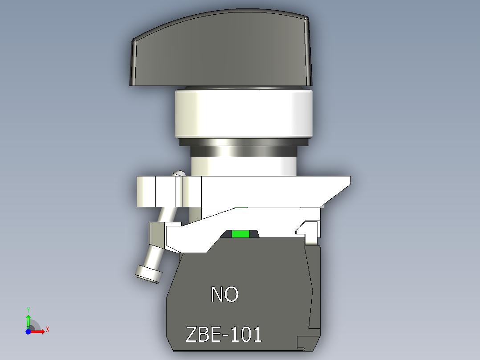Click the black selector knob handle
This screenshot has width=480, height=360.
click(x=220, y=53)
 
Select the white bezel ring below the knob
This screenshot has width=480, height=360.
click(x=243, y=114)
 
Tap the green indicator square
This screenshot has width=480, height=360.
click(x=240, y=234)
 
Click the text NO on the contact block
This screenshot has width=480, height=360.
click(x=224, y=295)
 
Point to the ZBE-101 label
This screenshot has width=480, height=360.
click(x=224, y=335)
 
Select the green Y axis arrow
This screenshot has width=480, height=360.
click(x=28, y=320)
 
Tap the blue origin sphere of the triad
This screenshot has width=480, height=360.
click(x=28, y=331)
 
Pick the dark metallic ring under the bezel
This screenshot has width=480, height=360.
click(x=243, y=142)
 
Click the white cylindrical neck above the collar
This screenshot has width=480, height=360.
click(x=244, y=162)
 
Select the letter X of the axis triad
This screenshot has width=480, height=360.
click(x=47, y=329)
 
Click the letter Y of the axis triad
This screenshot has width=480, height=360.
click(x=28, y=309)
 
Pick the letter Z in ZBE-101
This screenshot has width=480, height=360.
click(x=191, y=335)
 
